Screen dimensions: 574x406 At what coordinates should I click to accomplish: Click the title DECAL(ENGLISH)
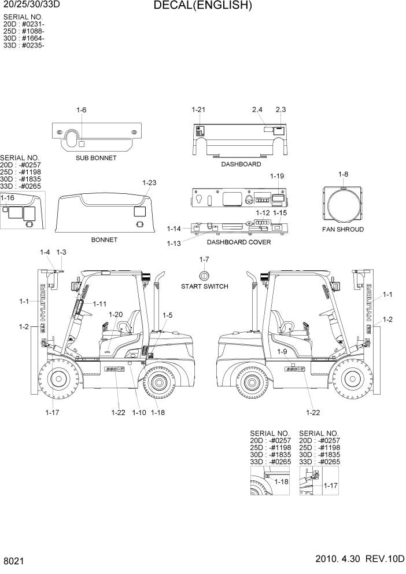point(202,6)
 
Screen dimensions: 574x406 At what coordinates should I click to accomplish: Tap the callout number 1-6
point(81,110)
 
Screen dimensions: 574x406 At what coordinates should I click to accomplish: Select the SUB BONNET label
point(96,158)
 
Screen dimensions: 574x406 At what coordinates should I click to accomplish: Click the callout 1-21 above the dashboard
point(198,109)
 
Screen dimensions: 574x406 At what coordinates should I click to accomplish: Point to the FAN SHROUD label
point(343,230)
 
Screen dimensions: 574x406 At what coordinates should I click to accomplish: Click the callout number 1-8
point(343,174)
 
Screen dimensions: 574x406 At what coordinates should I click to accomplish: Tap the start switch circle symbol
point(204,274)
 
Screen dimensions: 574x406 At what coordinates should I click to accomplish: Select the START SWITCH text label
point(204,286)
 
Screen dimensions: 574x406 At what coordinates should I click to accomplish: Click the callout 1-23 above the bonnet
point(149,183)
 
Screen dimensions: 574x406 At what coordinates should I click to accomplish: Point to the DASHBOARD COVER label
point(239,242)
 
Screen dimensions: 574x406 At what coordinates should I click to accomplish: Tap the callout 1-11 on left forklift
point(99,304)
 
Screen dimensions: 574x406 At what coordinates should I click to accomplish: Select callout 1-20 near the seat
point(116,314)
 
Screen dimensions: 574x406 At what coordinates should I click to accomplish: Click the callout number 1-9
point(282,351)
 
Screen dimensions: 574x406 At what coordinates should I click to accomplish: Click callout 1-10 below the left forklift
point(139,413)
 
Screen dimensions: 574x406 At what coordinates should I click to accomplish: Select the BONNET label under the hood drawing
point(104,240)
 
